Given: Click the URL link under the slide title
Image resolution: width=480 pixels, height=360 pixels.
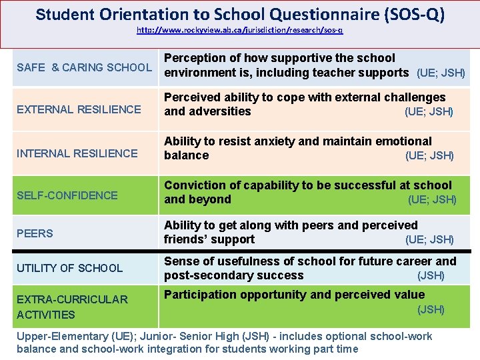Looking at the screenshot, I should [x=240, y=31].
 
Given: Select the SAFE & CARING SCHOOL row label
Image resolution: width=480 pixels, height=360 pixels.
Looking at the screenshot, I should [x=84, y=67].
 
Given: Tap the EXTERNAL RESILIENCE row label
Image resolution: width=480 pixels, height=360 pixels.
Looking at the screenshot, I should [x=79, y=109].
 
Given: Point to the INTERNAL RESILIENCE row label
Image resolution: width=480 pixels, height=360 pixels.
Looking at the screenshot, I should [x=77, y=153].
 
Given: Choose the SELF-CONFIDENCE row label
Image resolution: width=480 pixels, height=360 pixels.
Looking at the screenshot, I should [x=67, y=195].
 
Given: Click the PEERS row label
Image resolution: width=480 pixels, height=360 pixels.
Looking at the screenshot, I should [x=35, y=233].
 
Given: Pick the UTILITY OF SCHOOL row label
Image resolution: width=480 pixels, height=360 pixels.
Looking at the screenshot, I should [x=70, y=268].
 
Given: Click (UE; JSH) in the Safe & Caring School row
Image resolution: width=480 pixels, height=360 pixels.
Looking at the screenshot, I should [x=441, y=73].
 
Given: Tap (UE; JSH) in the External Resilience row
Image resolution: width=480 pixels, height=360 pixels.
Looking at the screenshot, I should [x=429, y=112].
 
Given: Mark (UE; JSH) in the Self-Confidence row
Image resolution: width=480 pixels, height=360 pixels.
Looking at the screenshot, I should [x=432, y=199].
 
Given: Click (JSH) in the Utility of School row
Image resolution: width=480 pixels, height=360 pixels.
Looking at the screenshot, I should [x=431, y=275].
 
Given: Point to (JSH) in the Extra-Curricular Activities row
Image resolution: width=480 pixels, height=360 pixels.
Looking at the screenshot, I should [x=431, y=309].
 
